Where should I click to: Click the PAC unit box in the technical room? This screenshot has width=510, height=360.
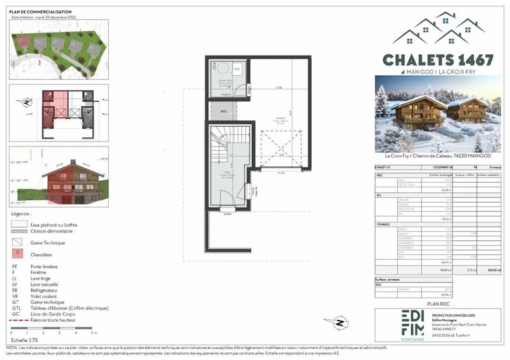coord(237,68)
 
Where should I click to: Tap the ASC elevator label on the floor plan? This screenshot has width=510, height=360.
coord(223,110)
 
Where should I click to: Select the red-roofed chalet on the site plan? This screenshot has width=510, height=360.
coord(23,41)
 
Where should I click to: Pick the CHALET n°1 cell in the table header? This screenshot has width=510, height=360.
coord(384,168)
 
